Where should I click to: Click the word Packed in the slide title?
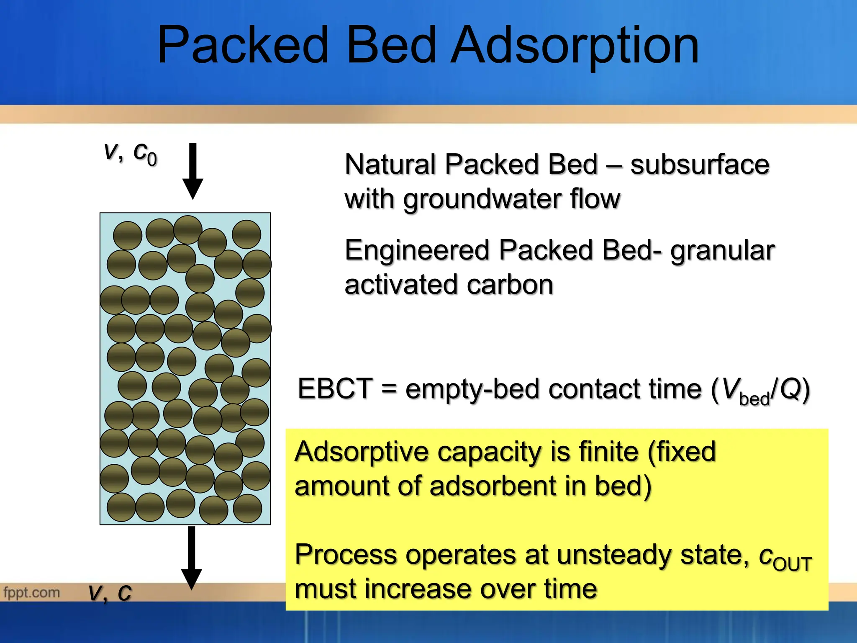[243, 45]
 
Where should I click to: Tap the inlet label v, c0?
[131, 153]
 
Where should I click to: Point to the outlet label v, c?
[110, 593]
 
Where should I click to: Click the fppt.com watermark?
[31, 592]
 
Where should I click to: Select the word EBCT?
[335, 388]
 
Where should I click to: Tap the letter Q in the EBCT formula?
[789, 389]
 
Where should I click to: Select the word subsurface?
[699, 164]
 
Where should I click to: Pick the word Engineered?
[417, 250]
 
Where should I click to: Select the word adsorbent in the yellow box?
[492, 486]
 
